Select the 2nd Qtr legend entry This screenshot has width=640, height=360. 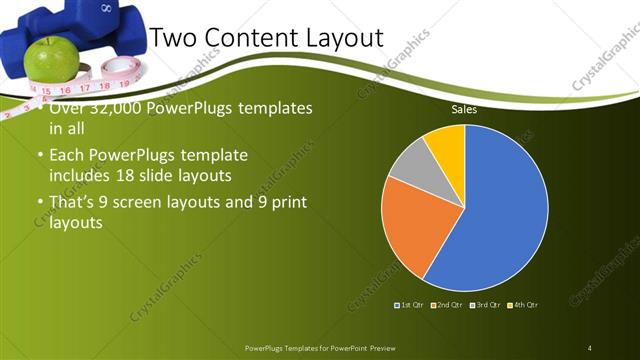(x=448, y=304)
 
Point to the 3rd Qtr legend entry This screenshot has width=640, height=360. (x=486, y=304)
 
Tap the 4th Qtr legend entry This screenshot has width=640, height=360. (x=524, y=304)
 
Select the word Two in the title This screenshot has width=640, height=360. (x=173, y=39)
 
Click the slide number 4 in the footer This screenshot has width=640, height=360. (x=590, y=347)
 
